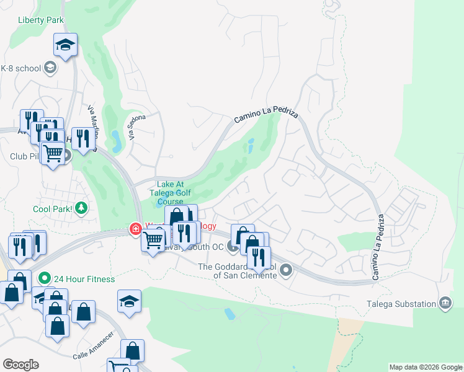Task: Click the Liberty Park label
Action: pos(42,20)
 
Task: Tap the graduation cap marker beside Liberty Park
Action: pos(65,45)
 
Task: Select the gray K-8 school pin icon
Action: pos(50,68)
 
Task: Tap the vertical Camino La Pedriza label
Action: pos(378,246)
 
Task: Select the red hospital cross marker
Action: pos(135,229)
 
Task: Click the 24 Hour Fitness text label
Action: pos(84,279)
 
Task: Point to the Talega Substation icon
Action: pos(445,303)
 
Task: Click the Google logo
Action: pos(20,365)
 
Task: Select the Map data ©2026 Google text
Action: pos(426,367)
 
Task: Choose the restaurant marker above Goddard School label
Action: pos(259,257)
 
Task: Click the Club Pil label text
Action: pos(24,156)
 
